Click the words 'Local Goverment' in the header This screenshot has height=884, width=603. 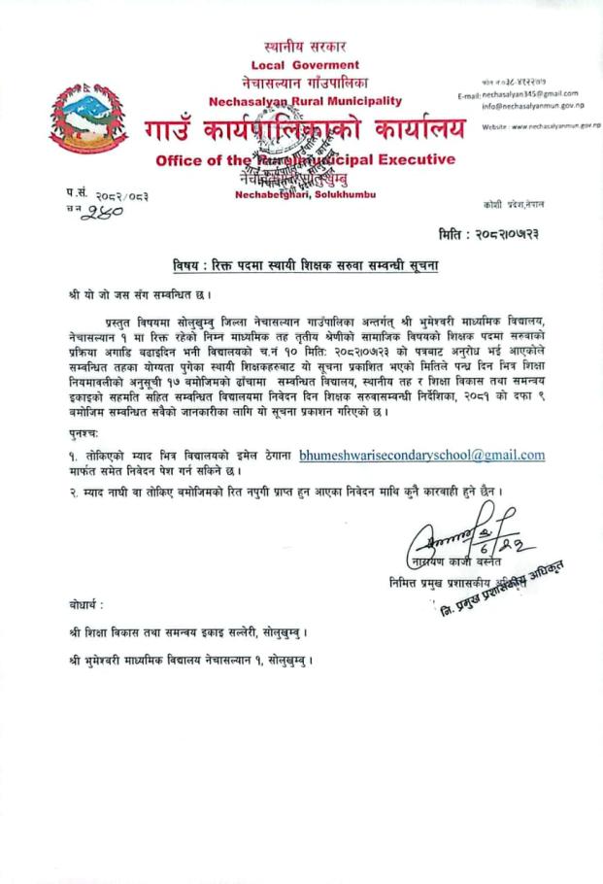305,64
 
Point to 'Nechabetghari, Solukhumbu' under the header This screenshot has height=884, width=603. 305,194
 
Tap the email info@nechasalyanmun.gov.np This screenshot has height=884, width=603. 536,107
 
